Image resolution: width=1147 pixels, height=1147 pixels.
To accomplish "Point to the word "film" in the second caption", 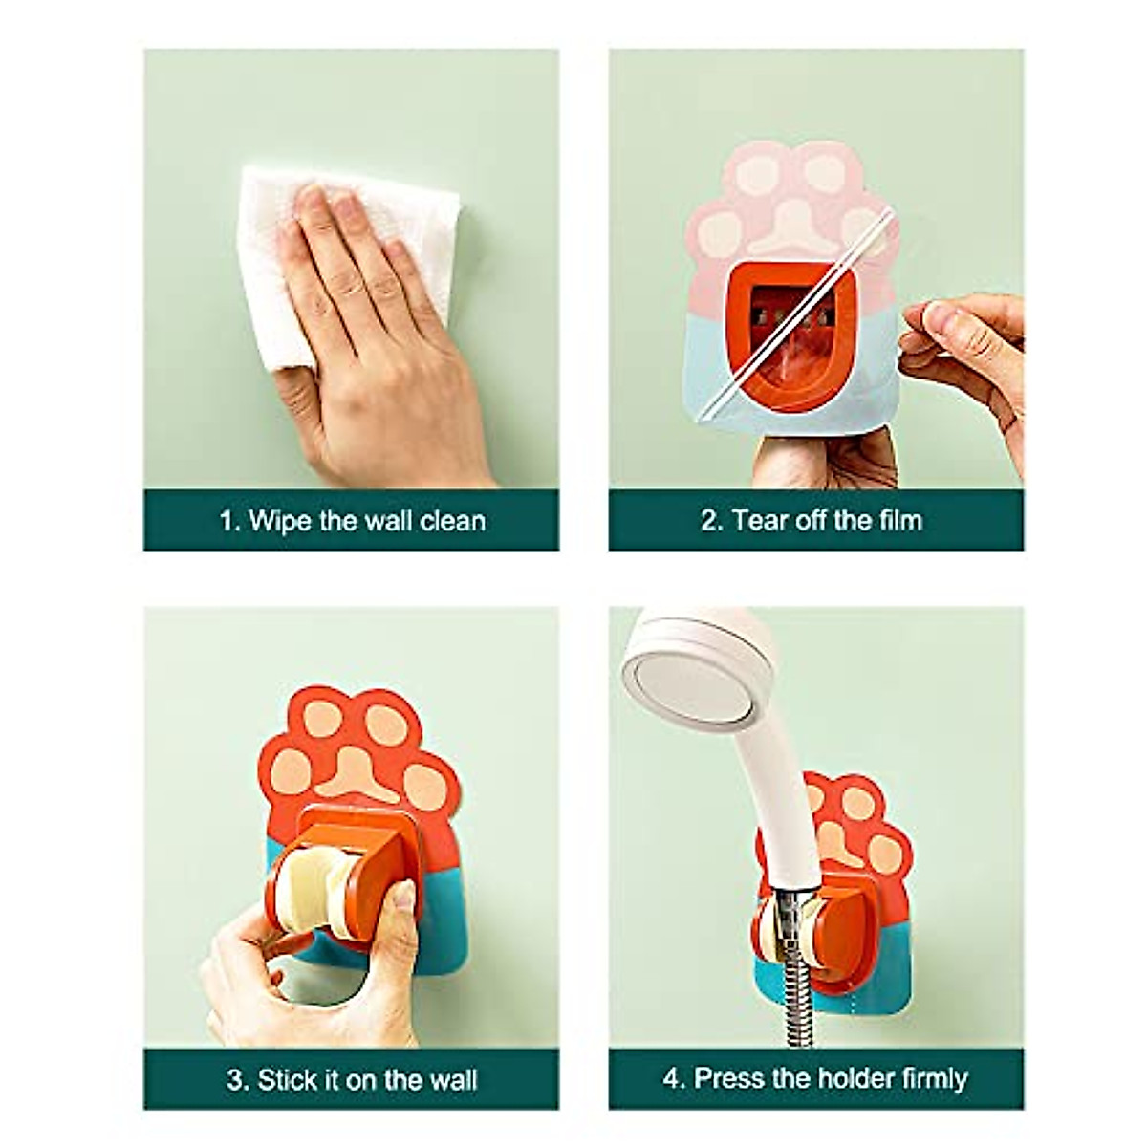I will [897, 521].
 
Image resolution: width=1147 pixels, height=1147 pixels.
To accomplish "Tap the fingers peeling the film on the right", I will [956, 335].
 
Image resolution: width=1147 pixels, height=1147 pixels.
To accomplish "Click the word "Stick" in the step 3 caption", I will [288, 1081].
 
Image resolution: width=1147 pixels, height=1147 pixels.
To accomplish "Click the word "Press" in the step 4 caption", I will [730, 1079].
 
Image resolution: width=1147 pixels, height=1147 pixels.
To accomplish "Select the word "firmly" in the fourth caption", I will [921, 1079].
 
